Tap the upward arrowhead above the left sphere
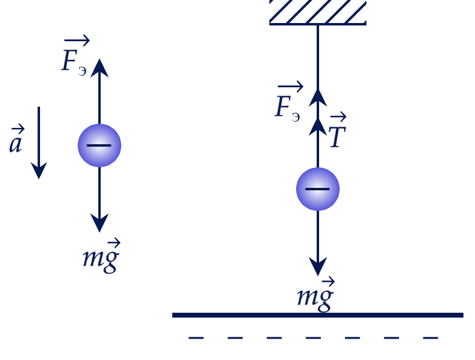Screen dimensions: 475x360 99,68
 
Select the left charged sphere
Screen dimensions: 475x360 99,145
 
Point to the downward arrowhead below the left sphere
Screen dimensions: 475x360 99,222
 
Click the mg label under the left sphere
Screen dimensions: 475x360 101,256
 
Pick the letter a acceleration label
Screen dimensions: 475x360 16,139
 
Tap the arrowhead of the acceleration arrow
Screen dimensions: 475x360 39,170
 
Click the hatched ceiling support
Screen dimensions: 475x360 318,12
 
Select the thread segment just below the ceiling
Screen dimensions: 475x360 318,57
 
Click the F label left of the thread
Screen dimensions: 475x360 289,102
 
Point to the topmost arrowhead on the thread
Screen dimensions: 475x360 318,98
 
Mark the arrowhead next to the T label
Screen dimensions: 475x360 318,127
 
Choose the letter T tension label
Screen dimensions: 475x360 338,130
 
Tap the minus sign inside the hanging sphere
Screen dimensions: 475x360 317,189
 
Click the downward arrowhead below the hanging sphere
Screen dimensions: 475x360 318,266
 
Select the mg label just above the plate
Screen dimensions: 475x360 315,295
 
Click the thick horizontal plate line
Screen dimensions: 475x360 318,315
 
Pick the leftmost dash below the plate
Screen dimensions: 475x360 196,338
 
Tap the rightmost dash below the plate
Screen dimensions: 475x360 431,338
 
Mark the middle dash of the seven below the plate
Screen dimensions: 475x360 313,338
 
